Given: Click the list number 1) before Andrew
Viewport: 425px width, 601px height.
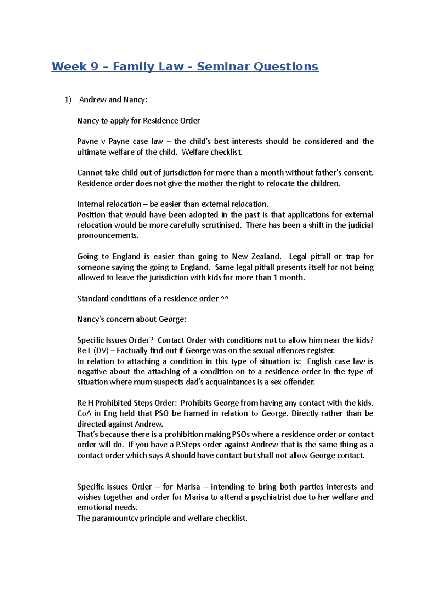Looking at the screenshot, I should point(68,100).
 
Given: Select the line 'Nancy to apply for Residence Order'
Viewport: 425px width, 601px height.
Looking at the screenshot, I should point(138,121).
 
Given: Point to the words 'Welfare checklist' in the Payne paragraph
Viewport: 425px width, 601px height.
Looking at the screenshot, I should point(211,152).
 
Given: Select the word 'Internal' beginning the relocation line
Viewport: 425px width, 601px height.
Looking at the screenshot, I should point(90,204).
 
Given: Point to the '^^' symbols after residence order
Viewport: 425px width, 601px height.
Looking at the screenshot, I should point(224,299).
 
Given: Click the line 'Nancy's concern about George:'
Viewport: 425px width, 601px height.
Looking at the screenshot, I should point(131,319).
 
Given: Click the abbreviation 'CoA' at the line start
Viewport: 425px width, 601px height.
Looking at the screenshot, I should point(84,413).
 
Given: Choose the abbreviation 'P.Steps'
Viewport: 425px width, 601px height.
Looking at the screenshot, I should point(189,445).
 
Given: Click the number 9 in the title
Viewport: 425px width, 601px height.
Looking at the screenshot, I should point(94,67).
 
